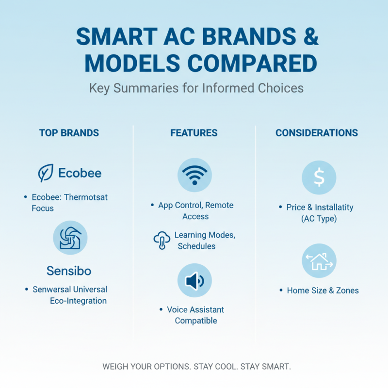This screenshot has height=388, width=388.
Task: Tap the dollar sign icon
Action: coord(319,178)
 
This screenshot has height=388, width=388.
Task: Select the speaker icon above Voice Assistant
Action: coord(194,280)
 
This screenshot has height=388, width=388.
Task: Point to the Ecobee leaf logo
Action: coord(46,173)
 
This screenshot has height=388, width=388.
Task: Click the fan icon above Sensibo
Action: coord(70,238)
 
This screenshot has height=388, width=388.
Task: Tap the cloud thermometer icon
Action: coord(162,240)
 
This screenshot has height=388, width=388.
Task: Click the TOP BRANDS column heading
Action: coord(69,133)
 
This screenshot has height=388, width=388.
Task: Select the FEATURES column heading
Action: coord(194,133)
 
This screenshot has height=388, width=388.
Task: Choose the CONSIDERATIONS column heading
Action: coord(317,133)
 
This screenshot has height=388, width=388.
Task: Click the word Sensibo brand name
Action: coord(69,270)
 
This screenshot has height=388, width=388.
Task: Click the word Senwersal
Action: coord(51,289)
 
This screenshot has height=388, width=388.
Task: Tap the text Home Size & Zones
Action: coord(323,291)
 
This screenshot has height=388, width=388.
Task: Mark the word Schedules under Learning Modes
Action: coord(196,246)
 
